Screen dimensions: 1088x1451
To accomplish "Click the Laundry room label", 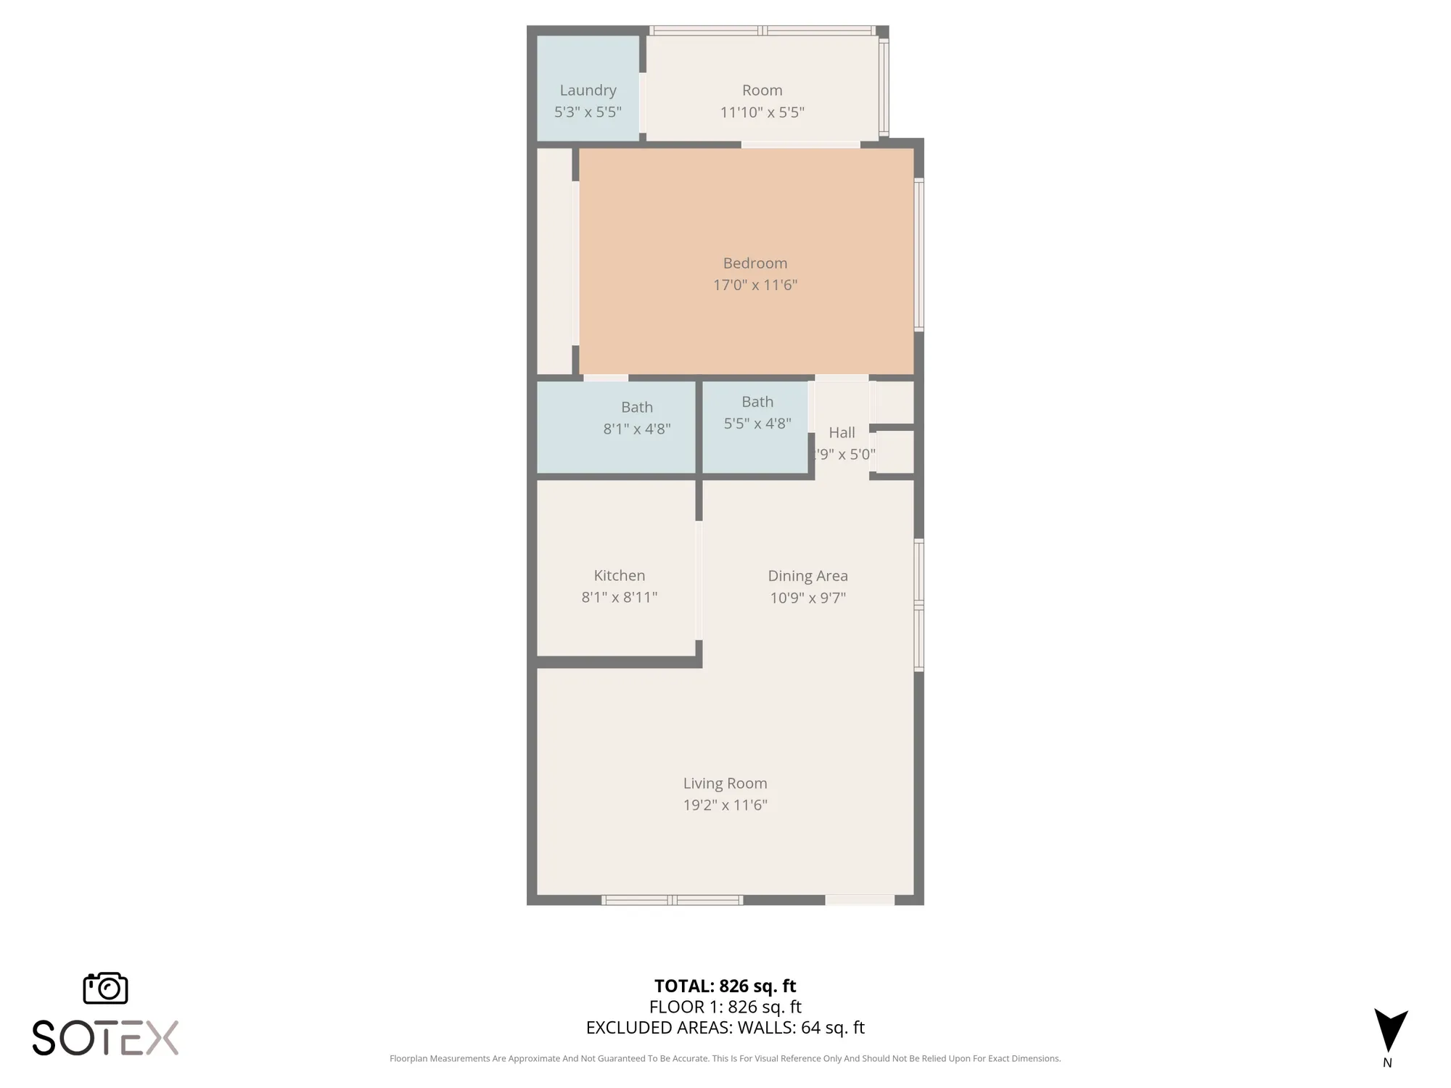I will [x=588, y=90].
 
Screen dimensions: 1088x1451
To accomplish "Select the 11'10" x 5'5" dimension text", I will [x=762, y=112].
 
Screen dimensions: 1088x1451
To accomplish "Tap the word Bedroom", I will [x=755, y=263].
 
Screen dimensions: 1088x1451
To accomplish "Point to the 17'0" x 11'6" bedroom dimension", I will [x=755, y=285].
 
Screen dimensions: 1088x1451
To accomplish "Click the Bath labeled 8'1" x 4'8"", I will [x=636, y=408].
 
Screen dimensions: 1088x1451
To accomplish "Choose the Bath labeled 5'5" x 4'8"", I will [x=757, y=402].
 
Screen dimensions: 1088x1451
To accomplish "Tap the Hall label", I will [x=842, y=433].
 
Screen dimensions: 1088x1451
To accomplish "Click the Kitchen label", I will [x=619, y=576].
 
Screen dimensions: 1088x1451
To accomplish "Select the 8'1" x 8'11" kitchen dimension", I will [x=619, y=598].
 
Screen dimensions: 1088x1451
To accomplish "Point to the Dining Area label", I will [x=807, y=576].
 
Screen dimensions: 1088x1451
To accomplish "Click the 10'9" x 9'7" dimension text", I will [x=807, y=598].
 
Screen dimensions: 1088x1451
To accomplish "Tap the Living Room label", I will [x=725, y=783].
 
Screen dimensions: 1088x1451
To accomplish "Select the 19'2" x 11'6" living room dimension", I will [x=725, y=805].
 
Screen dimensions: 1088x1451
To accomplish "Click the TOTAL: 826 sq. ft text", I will [x=725, y=986].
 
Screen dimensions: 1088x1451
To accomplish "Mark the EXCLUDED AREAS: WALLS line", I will [x=725, y=1028].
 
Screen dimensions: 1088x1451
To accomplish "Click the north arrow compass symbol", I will [x=1390, y=1030].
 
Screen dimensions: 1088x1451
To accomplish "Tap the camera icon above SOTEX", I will [x=106, y=988].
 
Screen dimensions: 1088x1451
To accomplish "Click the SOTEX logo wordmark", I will [x=106, y=1038].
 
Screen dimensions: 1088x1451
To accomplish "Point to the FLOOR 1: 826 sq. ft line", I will [x=725, y=1007].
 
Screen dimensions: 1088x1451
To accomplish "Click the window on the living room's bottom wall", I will [x=672, y=900].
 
